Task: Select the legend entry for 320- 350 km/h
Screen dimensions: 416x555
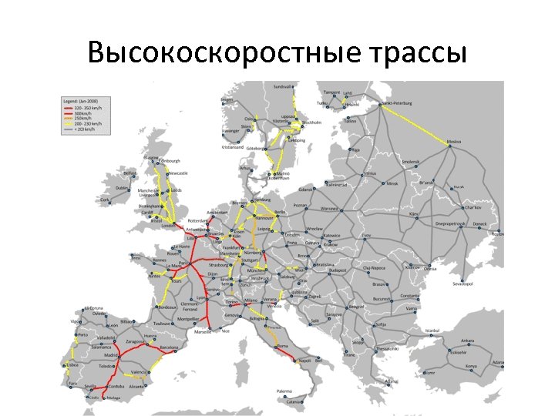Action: click(82, 109)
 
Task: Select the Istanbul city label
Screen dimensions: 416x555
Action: click(432, 330)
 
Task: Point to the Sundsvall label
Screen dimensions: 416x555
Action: click(284, 86)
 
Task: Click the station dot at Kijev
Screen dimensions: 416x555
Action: click(415, 217)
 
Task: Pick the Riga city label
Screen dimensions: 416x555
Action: click(355, 150)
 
